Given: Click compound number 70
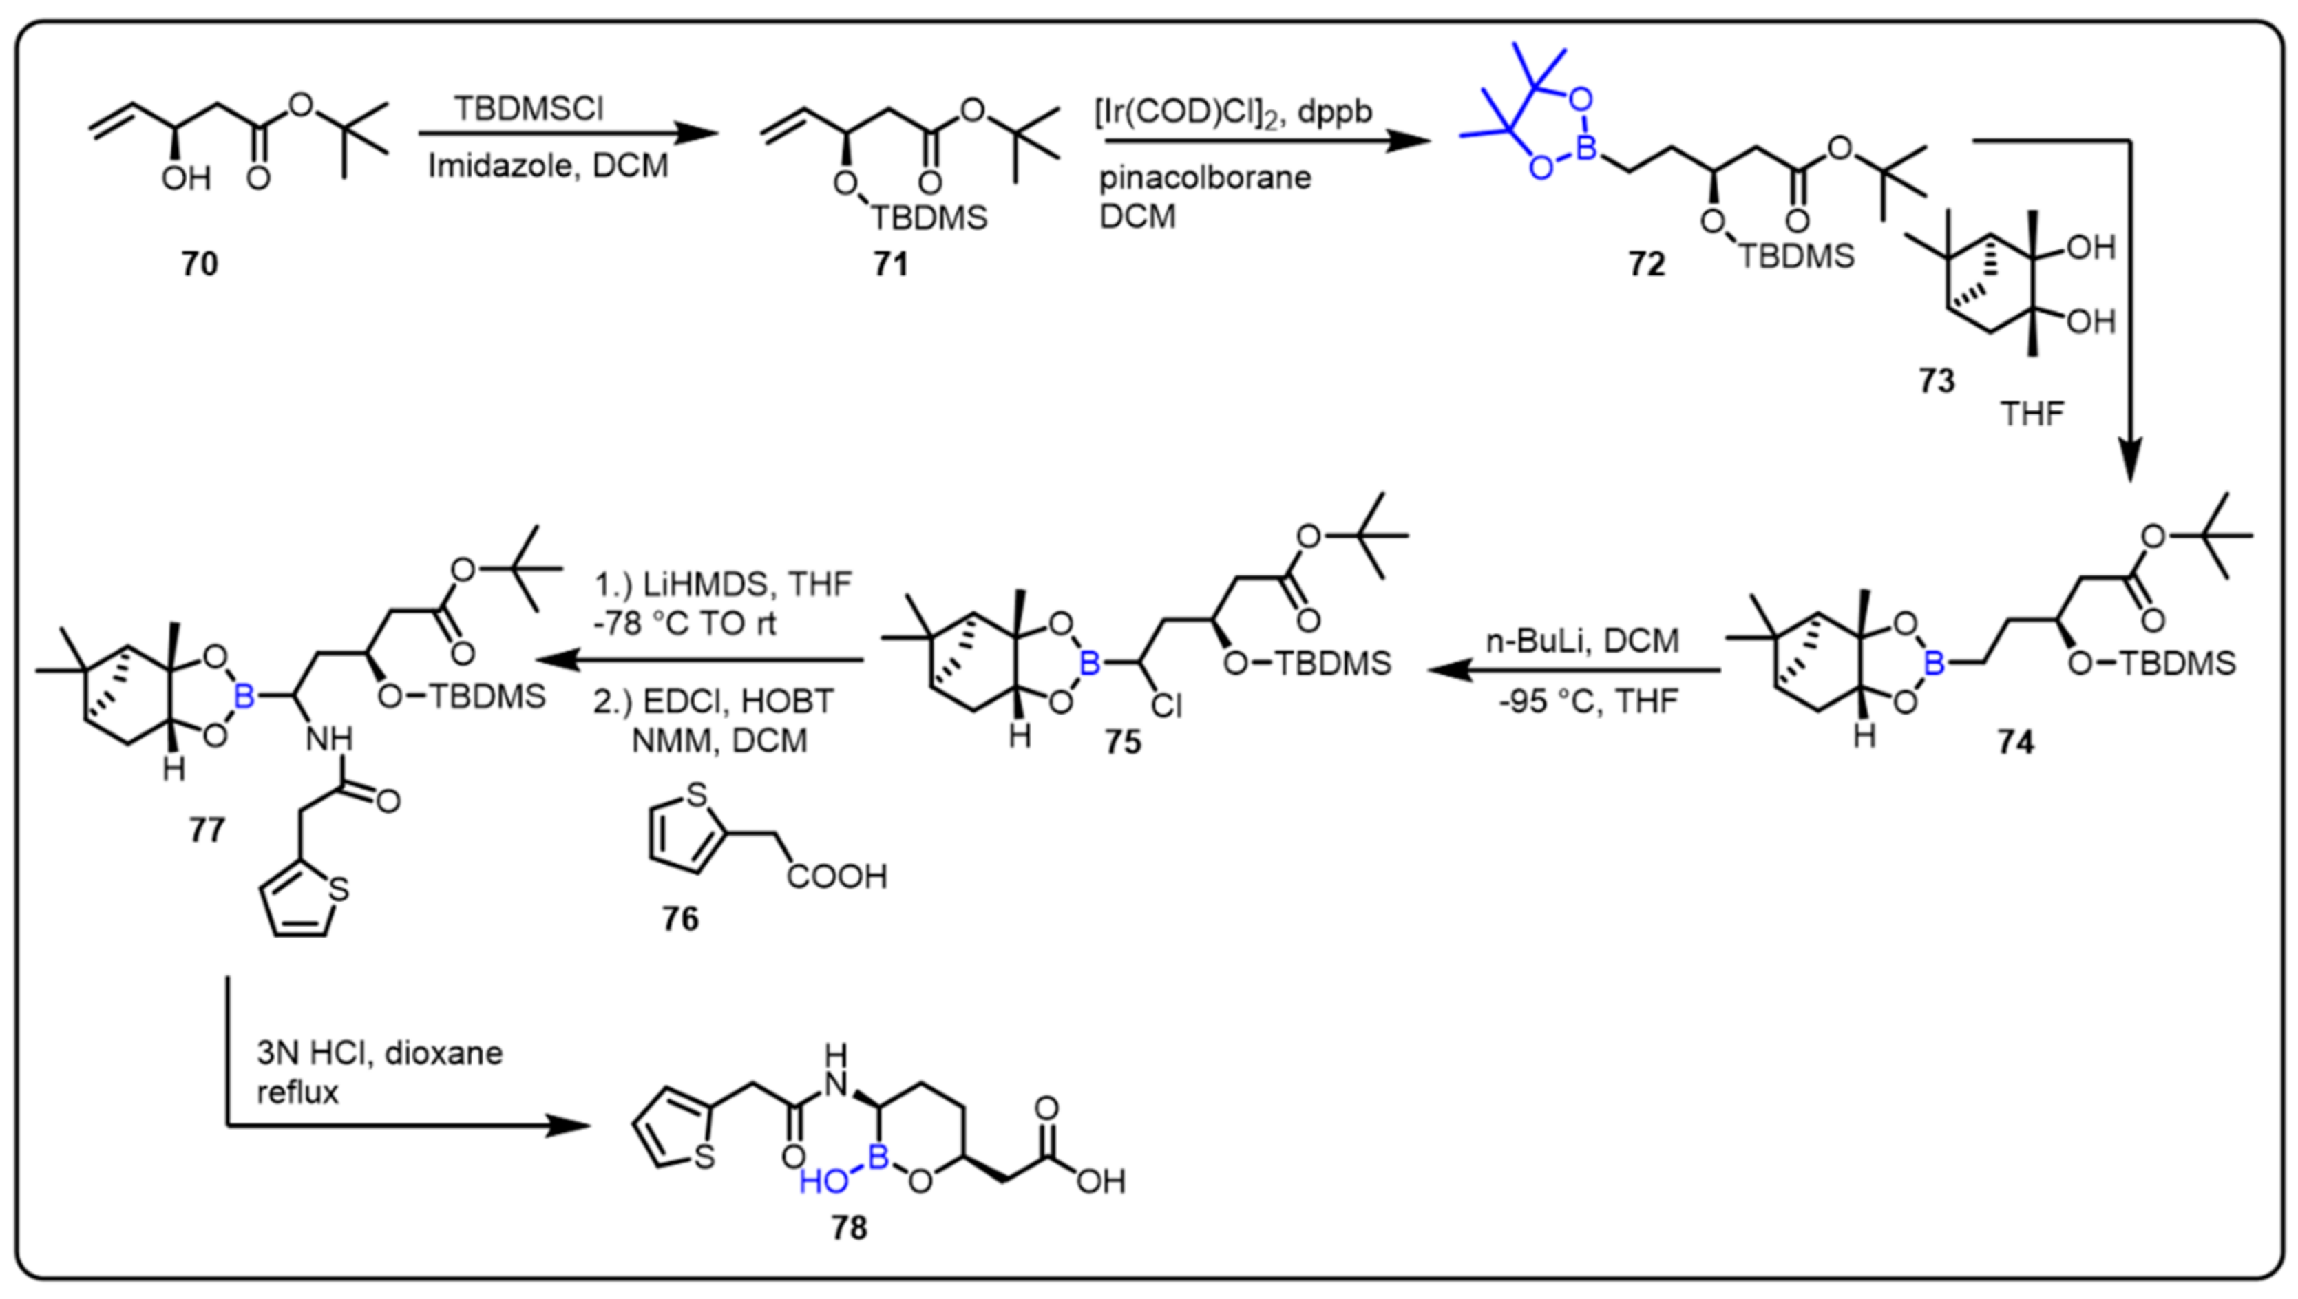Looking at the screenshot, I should (x=200, y=264).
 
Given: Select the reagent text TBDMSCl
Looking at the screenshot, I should (x=529, y=109).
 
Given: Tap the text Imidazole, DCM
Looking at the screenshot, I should (x=548, y=166).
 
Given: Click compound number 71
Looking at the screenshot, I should (x=890, y=264).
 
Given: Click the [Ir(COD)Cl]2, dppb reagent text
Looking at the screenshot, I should (x=1233, y=112).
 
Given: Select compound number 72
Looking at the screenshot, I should (x=1646, y=264).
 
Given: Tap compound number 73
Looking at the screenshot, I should (x=1936, y=381).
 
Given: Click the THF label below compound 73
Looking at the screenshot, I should (x=2032, y=414).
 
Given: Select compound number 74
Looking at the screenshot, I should (x=2016, y=742).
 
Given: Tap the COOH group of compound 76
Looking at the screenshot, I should (x=836, y=876).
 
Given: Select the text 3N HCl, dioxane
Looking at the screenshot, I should (x=379, y=1054).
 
